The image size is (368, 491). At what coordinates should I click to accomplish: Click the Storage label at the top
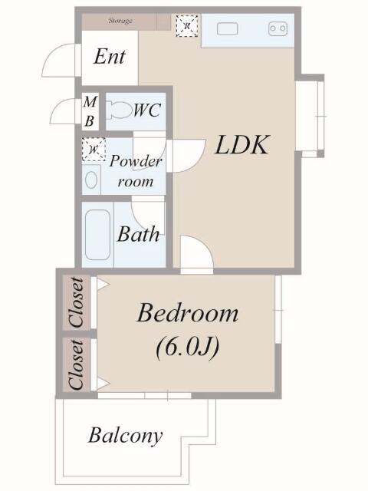click(x=120, y=21)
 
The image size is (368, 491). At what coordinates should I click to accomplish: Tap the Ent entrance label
click(x=110, y=57)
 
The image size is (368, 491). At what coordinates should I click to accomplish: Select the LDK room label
click(x=242, y=145)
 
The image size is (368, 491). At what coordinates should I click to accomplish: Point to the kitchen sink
click(x=228, y=29)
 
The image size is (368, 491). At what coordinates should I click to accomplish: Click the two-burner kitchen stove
click(x=278, y=28)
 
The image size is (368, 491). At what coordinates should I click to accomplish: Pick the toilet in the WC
click(x=117, y=110)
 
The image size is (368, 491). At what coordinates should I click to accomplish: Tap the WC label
click(x=147, y=110)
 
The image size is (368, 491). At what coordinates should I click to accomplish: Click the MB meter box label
click(x=90, y=111)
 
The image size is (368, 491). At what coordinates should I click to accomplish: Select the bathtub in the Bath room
click(x=97, y=235)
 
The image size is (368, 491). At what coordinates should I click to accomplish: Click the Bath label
click(x=138, y=234)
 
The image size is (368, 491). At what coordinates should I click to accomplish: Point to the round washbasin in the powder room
click(x=91, y=180)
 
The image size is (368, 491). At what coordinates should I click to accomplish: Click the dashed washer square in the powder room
click(x=94, y=150)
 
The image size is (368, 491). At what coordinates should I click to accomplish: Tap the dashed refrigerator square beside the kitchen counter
click(x=187, y=25)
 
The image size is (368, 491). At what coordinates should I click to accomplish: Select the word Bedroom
click(x=188, y=313)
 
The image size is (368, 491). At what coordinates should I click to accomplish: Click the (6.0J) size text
click(x=187, y=348)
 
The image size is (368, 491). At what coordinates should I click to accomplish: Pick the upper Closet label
click(x=77, y=302)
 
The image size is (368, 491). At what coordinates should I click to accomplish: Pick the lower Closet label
click(x=77, y=365)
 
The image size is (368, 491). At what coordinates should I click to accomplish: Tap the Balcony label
click(x=126, y=436)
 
